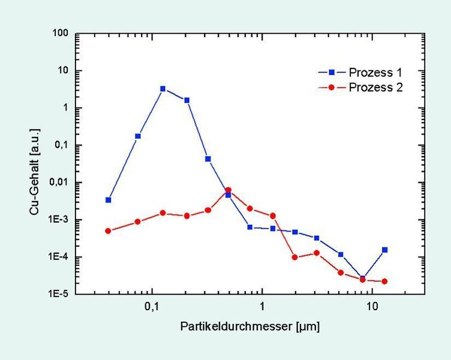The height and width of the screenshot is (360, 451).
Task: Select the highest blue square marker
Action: pos(163,89)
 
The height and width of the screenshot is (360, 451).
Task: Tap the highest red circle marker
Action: pos(228,190)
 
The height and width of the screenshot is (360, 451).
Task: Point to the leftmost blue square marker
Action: pos(108,200)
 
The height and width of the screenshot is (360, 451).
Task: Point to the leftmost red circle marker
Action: pos(108,231)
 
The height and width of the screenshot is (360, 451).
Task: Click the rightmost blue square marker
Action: pos(384,250)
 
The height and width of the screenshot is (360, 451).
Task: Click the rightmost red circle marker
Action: pos(384,281)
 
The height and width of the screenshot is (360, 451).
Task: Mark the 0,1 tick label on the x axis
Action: pos(152,307)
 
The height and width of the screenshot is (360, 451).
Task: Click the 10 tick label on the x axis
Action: pos(372,307)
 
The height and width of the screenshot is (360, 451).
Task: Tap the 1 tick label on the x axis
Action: pos(262,307)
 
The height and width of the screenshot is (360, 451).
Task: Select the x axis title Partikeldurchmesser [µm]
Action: pos(249,327)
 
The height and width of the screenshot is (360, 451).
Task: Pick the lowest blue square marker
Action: pos(363,278)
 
